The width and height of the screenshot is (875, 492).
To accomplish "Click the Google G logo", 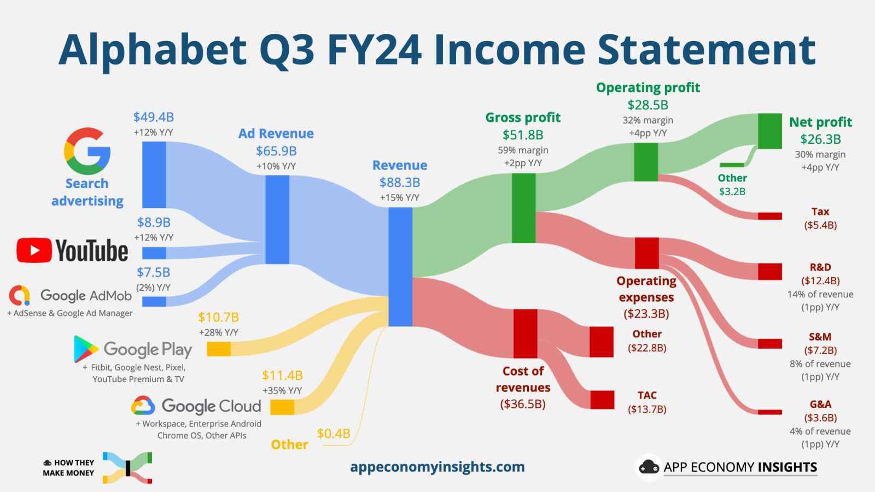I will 87,151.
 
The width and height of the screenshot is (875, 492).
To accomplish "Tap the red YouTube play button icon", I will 34,250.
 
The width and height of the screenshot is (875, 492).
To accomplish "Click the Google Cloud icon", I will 143,406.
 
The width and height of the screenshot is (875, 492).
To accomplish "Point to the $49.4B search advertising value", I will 154,117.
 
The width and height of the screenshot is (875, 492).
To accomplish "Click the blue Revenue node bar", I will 400,267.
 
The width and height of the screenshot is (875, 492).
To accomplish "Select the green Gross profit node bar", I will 523,208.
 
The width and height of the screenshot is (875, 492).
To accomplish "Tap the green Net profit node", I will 770,131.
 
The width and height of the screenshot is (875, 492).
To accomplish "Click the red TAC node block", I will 602,400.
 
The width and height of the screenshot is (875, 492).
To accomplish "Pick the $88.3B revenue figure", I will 400,183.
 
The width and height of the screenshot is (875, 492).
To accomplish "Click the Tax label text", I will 820,212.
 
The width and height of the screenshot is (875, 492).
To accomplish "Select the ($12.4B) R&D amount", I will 820,280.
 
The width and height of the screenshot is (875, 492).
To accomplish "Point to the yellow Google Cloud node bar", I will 282,407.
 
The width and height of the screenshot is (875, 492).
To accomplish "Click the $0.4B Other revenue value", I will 334,434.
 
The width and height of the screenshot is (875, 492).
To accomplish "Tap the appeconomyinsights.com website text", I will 437,467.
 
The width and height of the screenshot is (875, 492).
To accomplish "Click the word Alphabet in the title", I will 153,50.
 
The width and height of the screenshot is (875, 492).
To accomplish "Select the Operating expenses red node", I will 646,253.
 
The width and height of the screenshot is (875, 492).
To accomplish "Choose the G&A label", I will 820,405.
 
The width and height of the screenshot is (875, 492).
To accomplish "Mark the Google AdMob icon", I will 20,295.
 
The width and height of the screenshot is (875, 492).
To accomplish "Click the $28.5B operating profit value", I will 647,105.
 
